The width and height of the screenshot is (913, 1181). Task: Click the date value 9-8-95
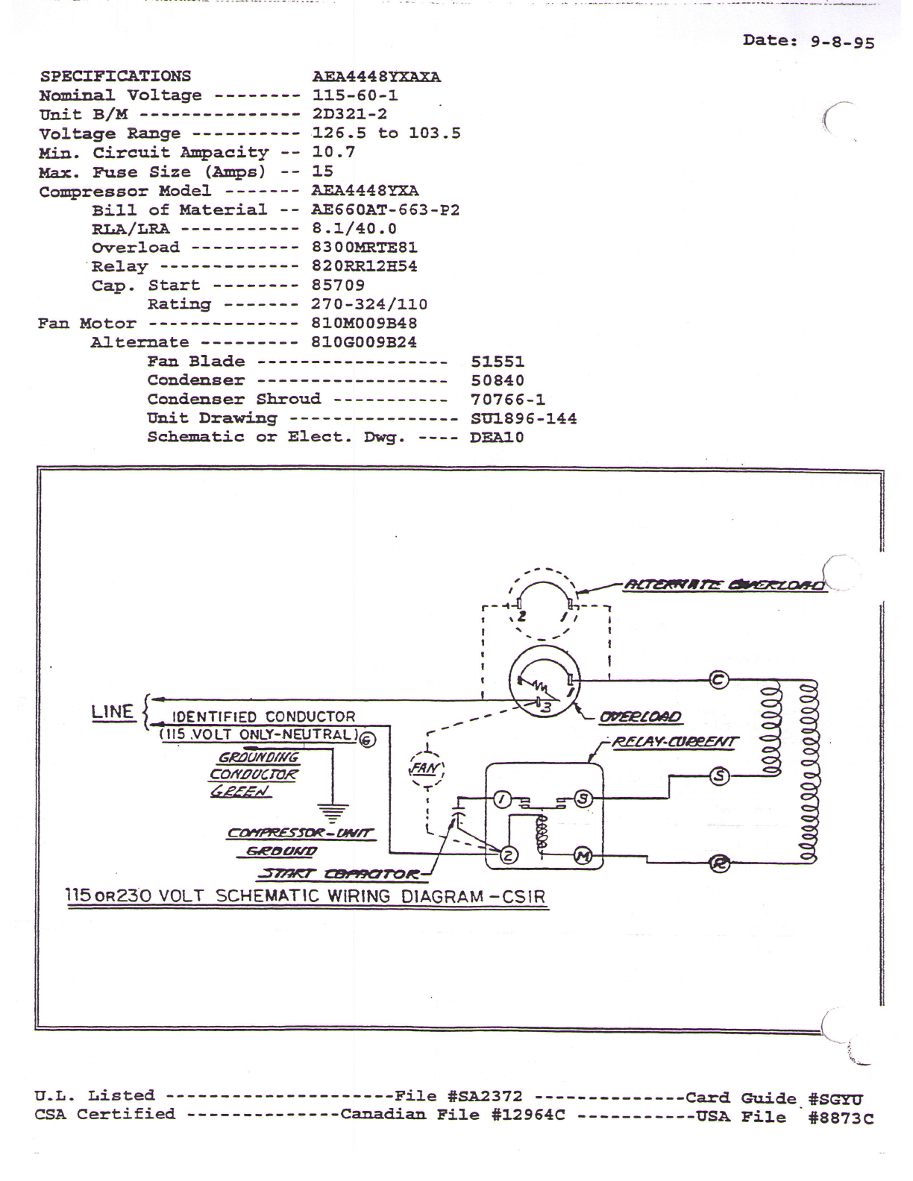[x=842, y=42]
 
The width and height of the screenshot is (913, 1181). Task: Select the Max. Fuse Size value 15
[x=322, y=171]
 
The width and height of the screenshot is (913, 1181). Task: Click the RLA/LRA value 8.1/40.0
[x=354, y=229]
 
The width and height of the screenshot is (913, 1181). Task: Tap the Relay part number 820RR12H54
[x=364, y=266]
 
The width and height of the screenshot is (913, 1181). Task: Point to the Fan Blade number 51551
[x=498, y=362]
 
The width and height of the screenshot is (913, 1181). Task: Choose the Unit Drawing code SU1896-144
[x=524, y=419]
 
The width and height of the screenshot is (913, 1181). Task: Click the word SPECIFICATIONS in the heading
[x=115, y=76]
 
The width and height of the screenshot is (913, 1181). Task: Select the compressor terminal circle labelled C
[x=718, y=679]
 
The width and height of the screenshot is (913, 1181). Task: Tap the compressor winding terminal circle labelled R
[x=719, y=864]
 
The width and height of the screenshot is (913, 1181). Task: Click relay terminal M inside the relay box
[x=582, y=856]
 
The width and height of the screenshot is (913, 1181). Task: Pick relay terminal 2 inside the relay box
[x=507, y=855]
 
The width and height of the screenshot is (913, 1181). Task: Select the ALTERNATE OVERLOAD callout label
[x=723, y=585]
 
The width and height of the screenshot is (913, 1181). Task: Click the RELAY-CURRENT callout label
[x=674, y=742]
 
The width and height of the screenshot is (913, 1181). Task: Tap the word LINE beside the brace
[x=112, y=711]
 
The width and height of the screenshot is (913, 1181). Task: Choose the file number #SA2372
[x=485, y=1096]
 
